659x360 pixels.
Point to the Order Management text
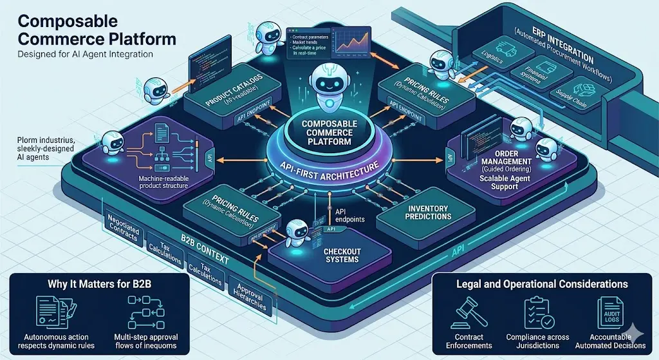click(x=504, y=161)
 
